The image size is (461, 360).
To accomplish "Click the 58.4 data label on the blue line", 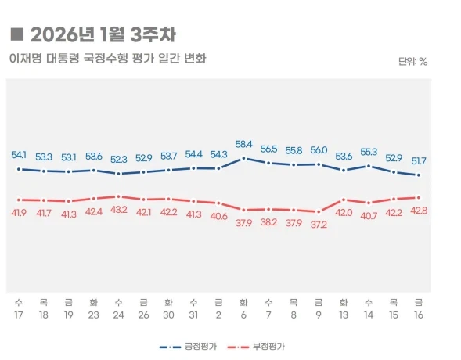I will point(244,144).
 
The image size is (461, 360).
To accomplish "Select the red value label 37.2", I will point(319,224).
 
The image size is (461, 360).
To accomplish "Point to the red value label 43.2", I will point(118,210).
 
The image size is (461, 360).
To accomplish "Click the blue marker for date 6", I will point(244,158).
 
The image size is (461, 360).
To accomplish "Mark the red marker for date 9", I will point(319,211).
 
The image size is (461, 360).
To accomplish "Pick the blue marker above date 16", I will point(419,175).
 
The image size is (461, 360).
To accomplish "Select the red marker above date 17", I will point(19,200).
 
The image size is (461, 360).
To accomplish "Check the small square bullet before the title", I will point(16,34).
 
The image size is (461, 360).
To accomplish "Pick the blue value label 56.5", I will point(268,149).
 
